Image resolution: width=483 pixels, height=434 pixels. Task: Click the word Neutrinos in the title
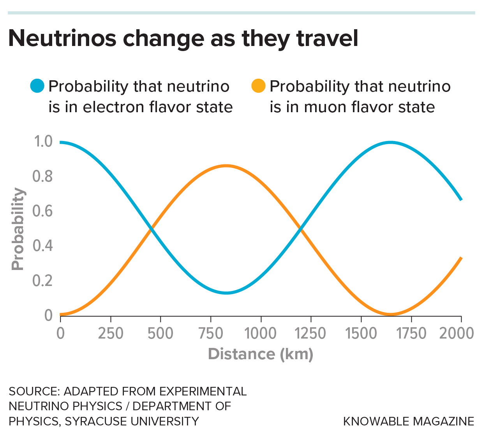[x=62, y=38]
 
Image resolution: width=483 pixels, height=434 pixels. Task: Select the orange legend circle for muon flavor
[x=259, y=86]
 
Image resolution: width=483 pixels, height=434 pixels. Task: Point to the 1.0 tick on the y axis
[x=43, y=141]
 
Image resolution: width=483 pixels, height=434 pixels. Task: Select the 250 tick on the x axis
[x=111, y=333]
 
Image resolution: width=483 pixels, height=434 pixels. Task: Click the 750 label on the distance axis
[x=211, y=333]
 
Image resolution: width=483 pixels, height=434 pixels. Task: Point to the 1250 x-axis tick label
[x=310, y=333]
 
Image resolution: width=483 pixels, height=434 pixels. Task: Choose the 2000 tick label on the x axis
[x=457, y=333]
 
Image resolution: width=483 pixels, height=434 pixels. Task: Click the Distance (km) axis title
[x=261, y=354]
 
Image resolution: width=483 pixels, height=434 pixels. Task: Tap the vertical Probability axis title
[x=18, y=229]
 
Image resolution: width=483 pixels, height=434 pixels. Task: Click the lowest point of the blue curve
[x=226, y=293]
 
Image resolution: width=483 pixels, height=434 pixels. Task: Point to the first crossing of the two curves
[x=151, y=229]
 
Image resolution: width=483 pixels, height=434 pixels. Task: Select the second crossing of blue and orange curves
[x=300, y=229]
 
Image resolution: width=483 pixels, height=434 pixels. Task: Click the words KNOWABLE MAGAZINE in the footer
[x=408, y=421]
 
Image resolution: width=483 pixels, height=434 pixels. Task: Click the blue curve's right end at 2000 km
[x=461, y=199]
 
